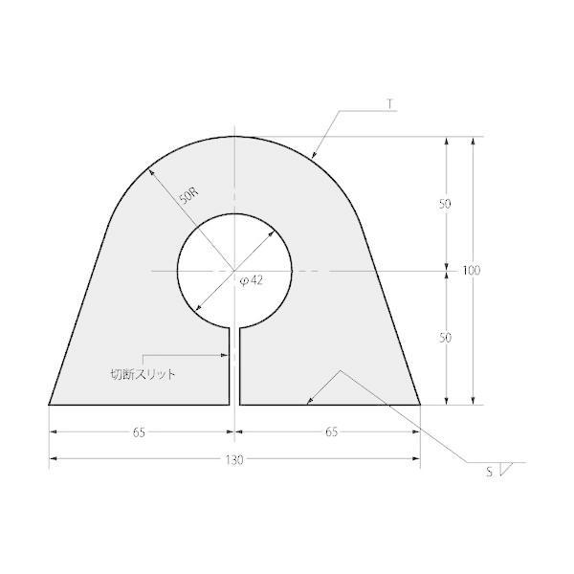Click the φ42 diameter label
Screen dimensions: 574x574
pyautogui.click(x=251, y=280)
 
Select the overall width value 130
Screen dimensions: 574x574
pyautogui.click(x=234, y=460)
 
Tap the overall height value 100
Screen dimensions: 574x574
pyautogui.click(x=471, y=271)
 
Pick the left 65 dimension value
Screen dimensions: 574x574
pyautogui.click(x=139, y=432)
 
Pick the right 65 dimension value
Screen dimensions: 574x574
pyautogui.click(x=332, y=432)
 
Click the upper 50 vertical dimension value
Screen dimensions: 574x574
pyautogui.click(x=445, y=204)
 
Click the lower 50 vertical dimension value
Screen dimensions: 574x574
pyautogui.click(x=445, y=338)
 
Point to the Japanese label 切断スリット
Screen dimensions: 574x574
pyautogui.click(x=143, y=374)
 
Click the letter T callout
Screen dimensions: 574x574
pyautogui.click(x=390, y=104)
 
